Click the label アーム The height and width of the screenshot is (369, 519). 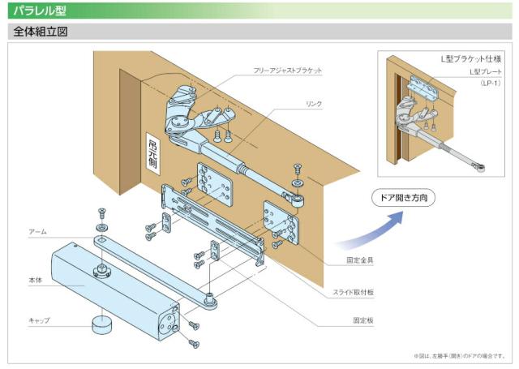click(37, 231)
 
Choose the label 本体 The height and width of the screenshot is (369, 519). click(34, 281)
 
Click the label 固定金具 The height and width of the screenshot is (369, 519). click(358, 260)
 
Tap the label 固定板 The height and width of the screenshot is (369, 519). click(362, 320)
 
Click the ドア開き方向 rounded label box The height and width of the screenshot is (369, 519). click(404, 197)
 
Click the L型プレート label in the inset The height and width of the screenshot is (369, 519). click(486, 72)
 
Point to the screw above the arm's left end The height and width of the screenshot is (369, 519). click(102, 213)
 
